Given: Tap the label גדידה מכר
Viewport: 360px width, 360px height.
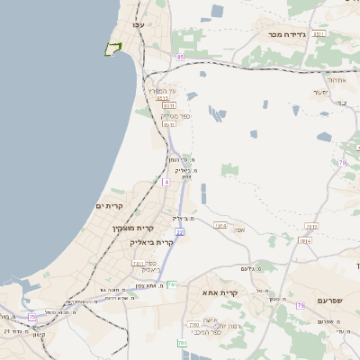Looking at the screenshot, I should [x=289, y=33].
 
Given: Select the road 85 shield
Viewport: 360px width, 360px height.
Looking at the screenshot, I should [x=180, y=57].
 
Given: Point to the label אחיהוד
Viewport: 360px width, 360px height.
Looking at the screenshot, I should [x=335, y=80].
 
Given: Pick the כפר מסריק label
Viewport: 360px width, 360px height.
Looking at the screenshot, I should [x=174, y=115].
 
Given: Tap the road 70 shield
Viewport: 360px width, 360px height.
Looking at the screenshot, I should [x=343, y=163].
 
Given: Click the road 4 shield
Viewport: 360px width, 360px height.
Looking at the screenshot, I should [x=166, y=182].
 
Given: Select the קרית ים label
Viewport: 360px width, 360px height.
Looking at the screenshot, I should [x=108, y=206].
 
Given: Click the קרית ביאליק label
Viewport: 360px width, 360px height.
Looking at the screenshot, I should [x=151, y=242].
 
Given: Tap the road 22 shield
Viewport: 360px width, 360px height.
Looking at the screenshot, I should [x=180, y=232].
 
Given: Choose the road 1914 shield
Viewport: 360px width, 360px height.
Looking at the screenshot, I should [x=220, y=225].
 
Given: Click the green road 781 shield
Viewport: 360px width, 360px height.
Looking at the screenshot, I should [x=172, y=284].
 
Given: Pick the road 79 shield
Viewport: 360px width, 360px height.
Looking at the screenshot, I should [x=301, y=306].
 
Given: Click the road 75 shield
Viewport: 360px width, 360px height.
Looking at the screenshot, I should [x=32, y=317].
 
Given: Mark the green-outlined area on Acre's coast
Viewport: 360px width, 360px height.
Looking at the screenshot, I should [x=112, y=49].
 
